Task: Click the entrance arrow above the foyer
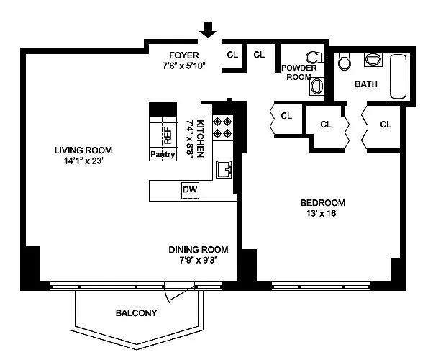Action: click(208, 30)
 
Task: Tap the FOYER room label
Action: click(184, 55)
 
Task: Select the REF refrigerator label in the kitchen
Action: click(168, 135)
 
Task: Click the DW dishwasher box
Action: click(190, 190)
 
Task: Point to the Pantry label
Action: click(163, 154)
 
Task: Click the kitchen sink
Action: click(224, 169)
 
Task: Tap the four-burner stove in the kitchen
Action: click(223, 127)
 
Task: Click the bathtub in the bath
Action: click(398, 76)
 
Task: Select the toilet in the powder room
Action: click(314, 58)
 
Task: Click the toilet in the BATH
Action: click(344, 61)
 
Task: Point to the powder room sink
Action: click(316, 86)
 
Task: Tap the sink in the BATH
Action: click(373, 59)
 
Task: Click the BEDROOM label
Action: click(322, 203)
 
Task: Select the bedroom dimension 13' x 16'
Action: click(322, 213)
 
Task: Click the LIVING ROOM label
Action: click(83, 150)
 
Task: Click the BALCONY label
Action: click(137, 313)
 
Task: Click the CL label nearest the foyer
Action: click(232, 55)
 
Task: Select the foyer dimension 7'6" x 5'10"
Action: click(184, 66)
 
